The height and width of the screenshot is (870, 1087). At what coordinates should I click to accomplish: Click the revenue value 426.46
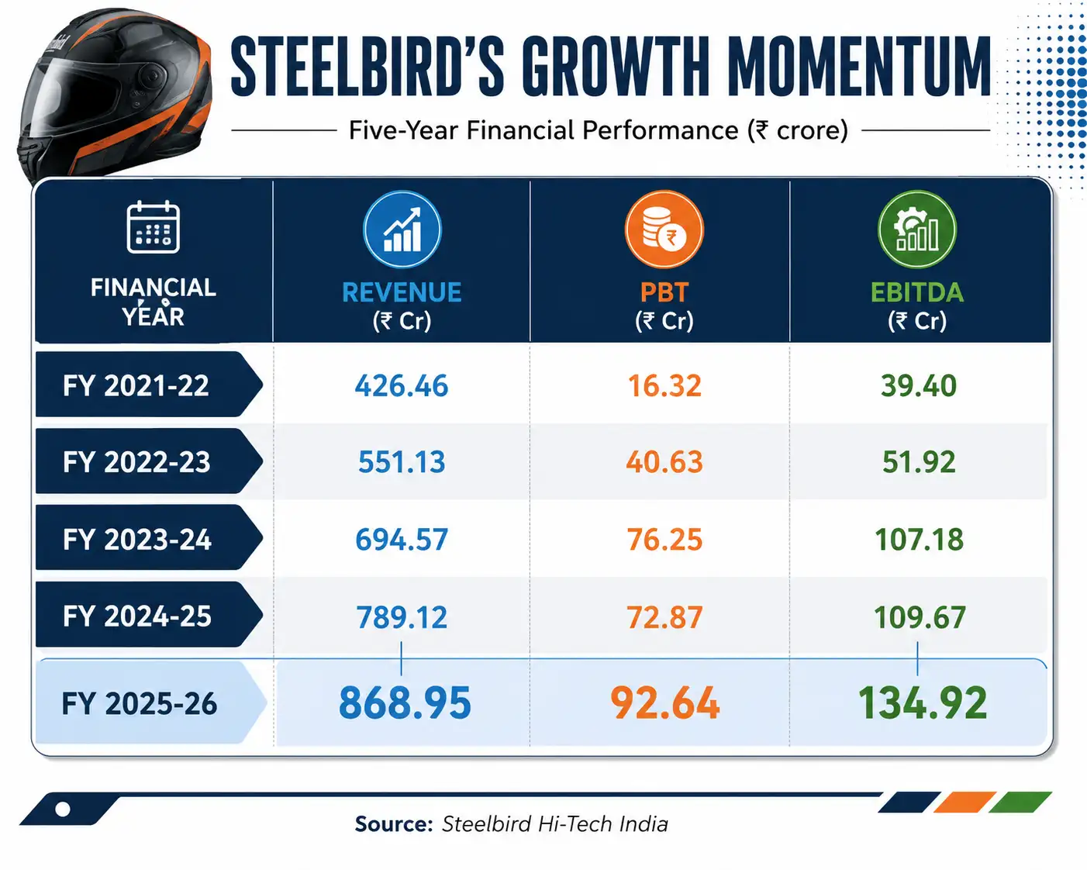(x=402, y=386)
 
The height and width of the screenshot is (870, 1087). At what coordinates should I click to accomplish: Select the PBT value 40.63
(x=664, y=462)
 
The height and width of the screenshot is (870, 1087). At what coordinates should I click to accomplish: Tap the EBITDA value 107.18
(x=919, y=539)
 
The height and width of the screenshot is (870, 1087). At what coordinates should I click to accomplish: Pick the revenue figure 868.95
(x=405, y=703)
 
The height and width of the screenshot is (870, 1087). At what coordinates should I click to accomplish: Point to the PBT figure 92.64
(x=664, y=703)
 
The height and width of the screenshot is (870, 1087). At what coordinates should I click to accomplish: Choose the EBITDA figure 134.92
(x=923, y=703)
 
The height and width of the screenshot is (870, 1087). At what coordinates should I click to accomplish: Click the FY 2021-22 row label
(x=136, y=386)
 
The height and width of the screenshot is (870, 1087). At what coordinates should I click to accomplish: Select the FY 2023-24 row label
(x=137, y=539)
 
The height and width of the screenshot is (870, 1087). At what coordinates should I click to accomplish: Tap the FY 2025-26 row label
(x=140, y=703)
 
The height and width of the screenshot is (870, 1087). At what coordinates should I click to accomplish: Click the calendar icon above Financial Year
(x=153, y=227)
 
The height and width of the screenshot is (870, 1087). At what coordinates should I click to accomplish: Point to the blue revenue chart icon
(x=402, y=230)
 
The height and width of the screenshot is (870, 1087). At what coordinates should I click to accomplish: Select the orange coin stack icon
(x=664, y=230)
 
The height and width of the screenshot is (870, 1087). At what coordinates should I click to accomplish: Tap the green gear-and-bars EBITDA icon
(x=917, y=230)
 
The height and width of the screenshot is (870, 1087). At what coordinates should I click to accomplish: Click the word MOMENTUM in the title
(x=858, y=66)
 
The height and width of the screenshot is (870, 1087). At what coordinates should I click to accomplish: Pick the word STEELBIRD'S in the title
(x=368, y=66)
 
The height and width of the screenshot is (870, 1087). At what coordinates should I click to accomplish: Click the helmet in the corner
(x=114, y=96)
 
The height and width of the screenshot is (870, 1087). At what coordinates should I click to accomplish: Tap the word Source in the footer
(x=394, y=824)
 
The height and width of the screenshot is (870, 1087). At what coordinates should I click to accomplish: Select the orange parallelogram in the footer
(x=964, y=802)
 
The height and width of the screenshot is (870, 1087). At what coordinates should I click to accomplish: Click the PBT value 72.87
(x=664, y=617)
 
